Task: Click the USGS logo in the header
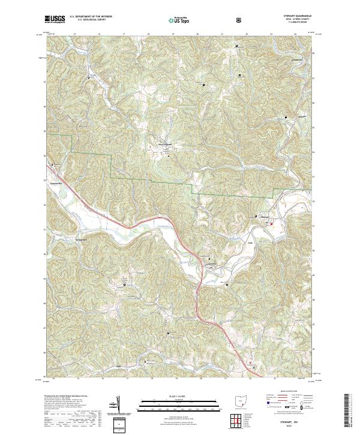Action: tap(56, 20)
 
